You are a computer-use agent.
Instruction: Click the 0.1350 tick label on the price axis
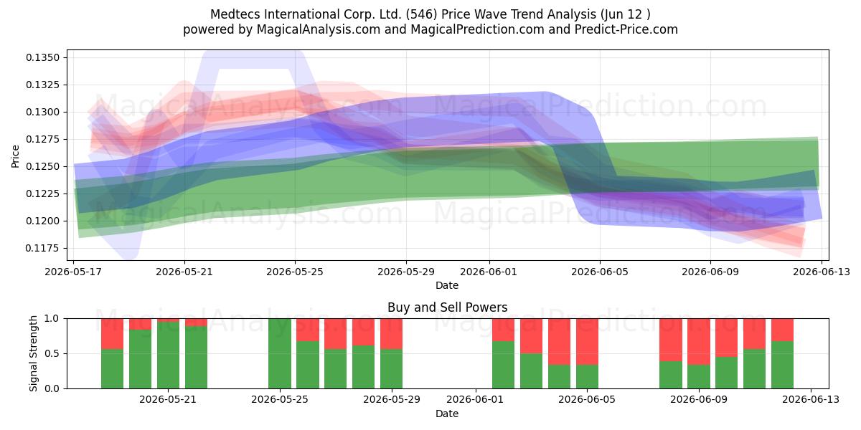pos(42,57)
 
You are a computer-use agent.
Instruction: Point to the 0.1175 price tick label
pos(42,248)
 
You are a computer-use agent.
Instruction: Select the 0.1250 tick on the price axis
pos(42,166)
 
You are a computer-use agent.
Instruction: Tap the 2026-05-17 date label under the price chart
pos(73,272)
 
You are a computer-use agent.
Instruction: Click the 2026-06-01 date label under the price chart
pos(489,272)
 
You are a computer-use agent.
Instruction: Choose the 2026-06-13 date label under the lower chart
pos(811,399)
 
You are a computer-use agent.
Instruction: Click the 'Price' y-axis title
pos(15,156)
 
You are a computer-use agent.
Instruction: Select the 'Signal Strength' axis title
pos(33,353)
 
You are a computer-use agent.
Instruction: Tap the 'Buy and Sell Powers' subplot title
pos(448,307)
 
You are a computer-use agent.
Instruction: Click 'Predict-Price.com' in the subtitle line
pos(626,29)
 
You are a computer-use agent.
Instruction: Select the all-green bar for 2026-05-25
pos(279,353)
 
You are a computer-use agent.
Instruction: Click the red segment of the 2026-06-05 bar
pos(588,341)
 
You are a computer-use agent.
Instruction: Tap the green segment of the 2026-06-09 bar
pos(699,377)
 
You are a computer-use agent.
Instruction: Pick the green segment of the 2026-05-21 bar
pos(168,355)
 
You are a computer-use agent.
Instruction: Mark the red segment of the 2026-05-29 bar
pos(391,334)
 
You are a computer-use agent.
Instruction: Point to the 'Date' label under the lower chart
pos(447,414)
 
